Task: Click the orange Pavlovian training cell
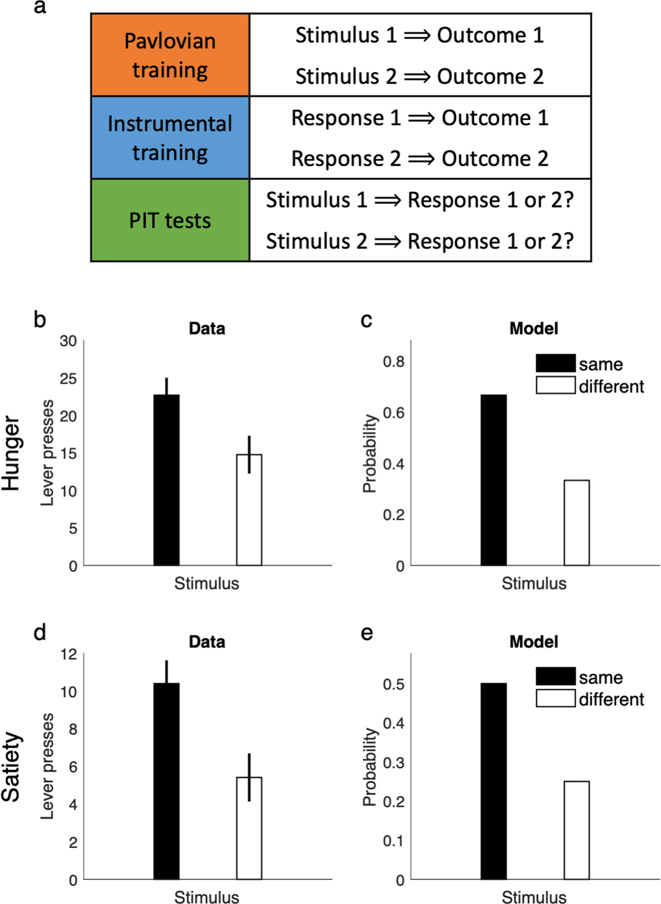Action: (170, 55)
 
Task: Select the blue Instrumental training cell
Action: (170, 138)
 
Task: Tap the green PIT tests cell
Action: (170, 220)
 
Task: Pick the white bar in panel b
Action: (249, 510)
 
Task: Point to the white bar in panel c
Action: (576, 522)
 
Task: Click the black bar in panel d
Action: (167, 781)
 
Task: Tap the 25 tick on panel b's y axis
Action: (68, 379)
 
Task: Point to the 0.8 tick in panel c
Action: (394, 362)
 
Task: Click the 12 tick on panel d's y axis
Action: (69, 654)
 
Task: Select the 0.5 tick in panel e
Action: (394, 684)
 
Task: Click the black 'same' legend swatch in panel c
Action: (556, 363)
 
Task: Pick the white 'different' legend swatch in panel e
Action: (556, 698)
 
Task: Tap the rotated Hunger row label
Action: (11, 453)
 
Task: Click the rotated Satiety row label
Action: (11, 767)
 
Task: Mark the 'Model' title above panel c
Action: (534, 328)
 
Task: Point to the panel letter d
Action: (40, 633)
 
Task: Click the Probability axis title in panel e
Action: (370, 767)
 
